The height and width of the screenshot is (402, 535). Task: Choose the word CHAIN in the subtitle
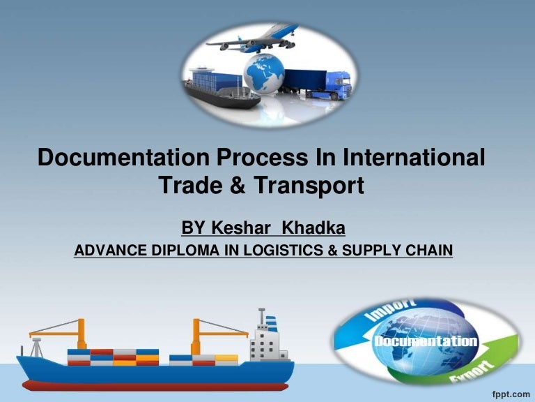pos(428,250)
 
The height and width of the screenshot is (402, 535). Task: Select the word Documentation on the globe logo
pos(426,342)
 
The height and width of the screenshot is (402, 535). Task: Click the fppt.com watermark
pos(510,392)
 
